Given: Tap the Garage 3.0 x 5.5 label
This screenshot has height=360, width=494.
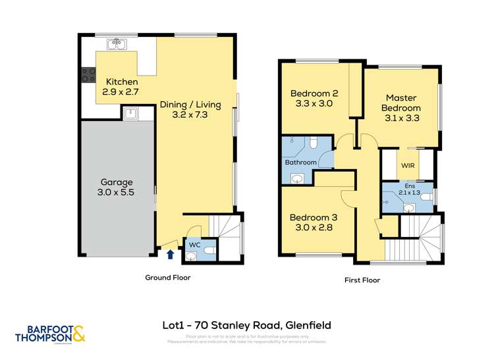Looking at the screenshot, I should pos(117,188).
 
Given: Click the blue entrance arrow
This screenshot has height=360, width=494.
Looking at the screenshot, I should pos(171,253).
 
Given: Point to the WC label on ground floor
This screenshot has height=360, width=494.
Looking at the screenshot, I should pos(195,244).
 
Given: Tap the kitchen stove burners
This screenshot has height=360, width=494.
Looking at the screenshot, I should pos(88,75).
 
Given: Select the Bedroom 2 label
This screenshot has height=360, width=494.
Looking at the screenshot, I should pos(314,98).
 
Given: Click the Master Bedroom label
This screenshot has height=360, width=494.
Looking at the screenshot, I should pos(402,103).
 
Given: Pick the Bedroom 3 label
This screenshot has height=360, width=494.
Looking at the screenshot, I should pos(314,222).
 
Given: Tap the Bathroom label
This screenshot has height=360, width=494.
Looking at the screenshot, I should pos(300,162).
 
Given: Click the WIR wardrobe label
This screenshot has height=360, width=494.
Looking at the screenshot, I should pos(408,167).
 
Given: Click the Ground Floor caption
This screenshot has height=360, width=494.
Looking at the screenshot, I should pos(168,278).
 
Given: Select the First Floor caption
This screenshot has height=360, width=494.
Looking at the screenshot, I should pos(362,280).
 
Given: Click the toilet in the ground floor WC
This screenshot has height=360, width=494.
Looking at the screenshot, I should pos(210,250).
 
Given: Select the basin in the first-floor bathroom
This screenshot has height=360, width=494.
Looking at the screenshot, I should pos(298,178).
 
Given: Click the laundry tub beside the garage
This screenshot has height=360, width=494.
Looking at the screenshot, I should pos(130,113).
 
